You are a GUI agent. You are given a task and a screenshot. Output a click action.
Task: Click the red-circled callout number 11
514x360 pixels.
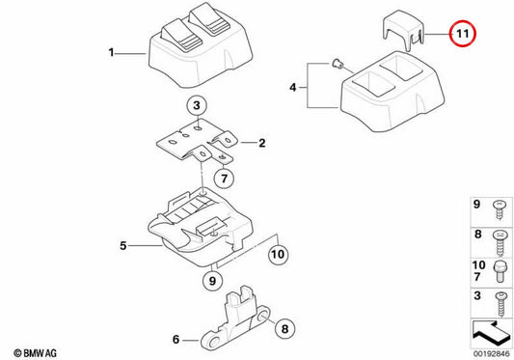pyautogui.click(x=462, y=34)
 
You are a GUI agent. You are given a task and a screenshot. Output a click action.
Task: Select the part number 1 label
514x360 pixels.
pyautogui.click(x=112, y=52)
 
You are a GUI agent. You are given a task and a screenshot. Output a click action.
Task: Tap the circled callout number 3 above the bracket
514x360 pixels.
pyautogui.click(x=197, y=106)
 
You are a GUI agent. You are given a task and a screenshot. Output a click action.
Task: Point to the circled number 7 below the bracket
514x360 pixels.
pyautogui.click(x=225, y=179)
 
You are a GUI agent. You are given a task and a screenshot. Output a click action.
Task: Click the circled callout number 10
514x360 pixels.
pyautogui.click(x=279, y=255)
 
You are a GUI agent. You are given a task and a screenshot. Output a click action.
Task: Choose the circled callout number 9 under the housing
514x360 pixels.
pyautogui.click(x=212, y=281)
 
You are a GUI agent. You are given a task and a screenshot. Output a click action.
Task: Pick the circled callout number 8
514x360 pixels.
pyautogui.click(x=284, y=328)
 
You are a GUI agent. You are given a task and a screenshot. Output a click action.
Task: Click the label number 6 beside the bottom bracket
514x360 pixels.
pyautogui.click(x=176, y=340)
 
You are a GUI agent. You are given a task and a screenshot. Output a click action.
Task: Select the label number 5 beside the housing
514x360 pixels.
pyautogui.click(x=122, y=245)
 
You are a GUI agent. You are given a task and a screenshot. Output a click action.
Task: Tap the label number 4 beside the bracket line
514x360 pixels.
pyautogui.click(x=293, y=87)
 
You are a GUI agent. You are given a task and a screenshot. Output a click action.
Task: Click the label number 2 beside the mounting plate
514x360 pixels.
pyautogui.click(x=262, y=143)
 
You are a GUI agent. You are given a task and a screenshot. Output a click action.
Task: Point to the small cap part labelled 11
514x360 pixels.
pyautogui.click(x=403, y=31)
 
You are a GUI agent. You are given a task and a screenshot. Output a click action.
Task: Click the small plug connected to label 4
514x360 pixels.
pyautogui.click(x=337, y=64)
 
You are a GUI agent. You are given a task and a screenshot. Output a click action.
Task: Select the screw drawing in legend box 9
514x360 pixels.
pyautogui.click(x=500, y=210)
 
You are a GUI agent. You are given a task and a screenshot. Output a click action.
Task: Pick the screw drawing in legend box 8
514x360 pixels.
pyautogui.click(x=501, y=243)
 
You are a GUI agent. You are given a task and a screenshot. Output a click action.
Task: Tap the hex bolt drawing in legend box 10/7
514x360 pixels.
pyautogui.click(x=499, y=272)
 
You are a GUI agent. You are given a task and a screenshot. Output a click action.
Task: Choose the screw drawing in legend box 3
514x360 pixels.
pyautogui.click(x=500, y=304)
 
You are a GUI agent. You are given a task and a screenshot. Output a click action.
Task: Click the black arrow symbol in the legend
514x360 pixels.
pyautogui.click(x=491, y=333)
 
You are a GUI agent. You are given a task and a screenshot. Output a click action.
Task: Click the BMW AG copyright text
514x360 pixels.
pyautogui.click(x=35, y=353)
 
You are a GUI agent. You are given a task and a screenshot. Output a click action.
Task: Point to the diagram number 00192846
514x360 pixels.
pyautogui.click(x=491, y=354)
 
